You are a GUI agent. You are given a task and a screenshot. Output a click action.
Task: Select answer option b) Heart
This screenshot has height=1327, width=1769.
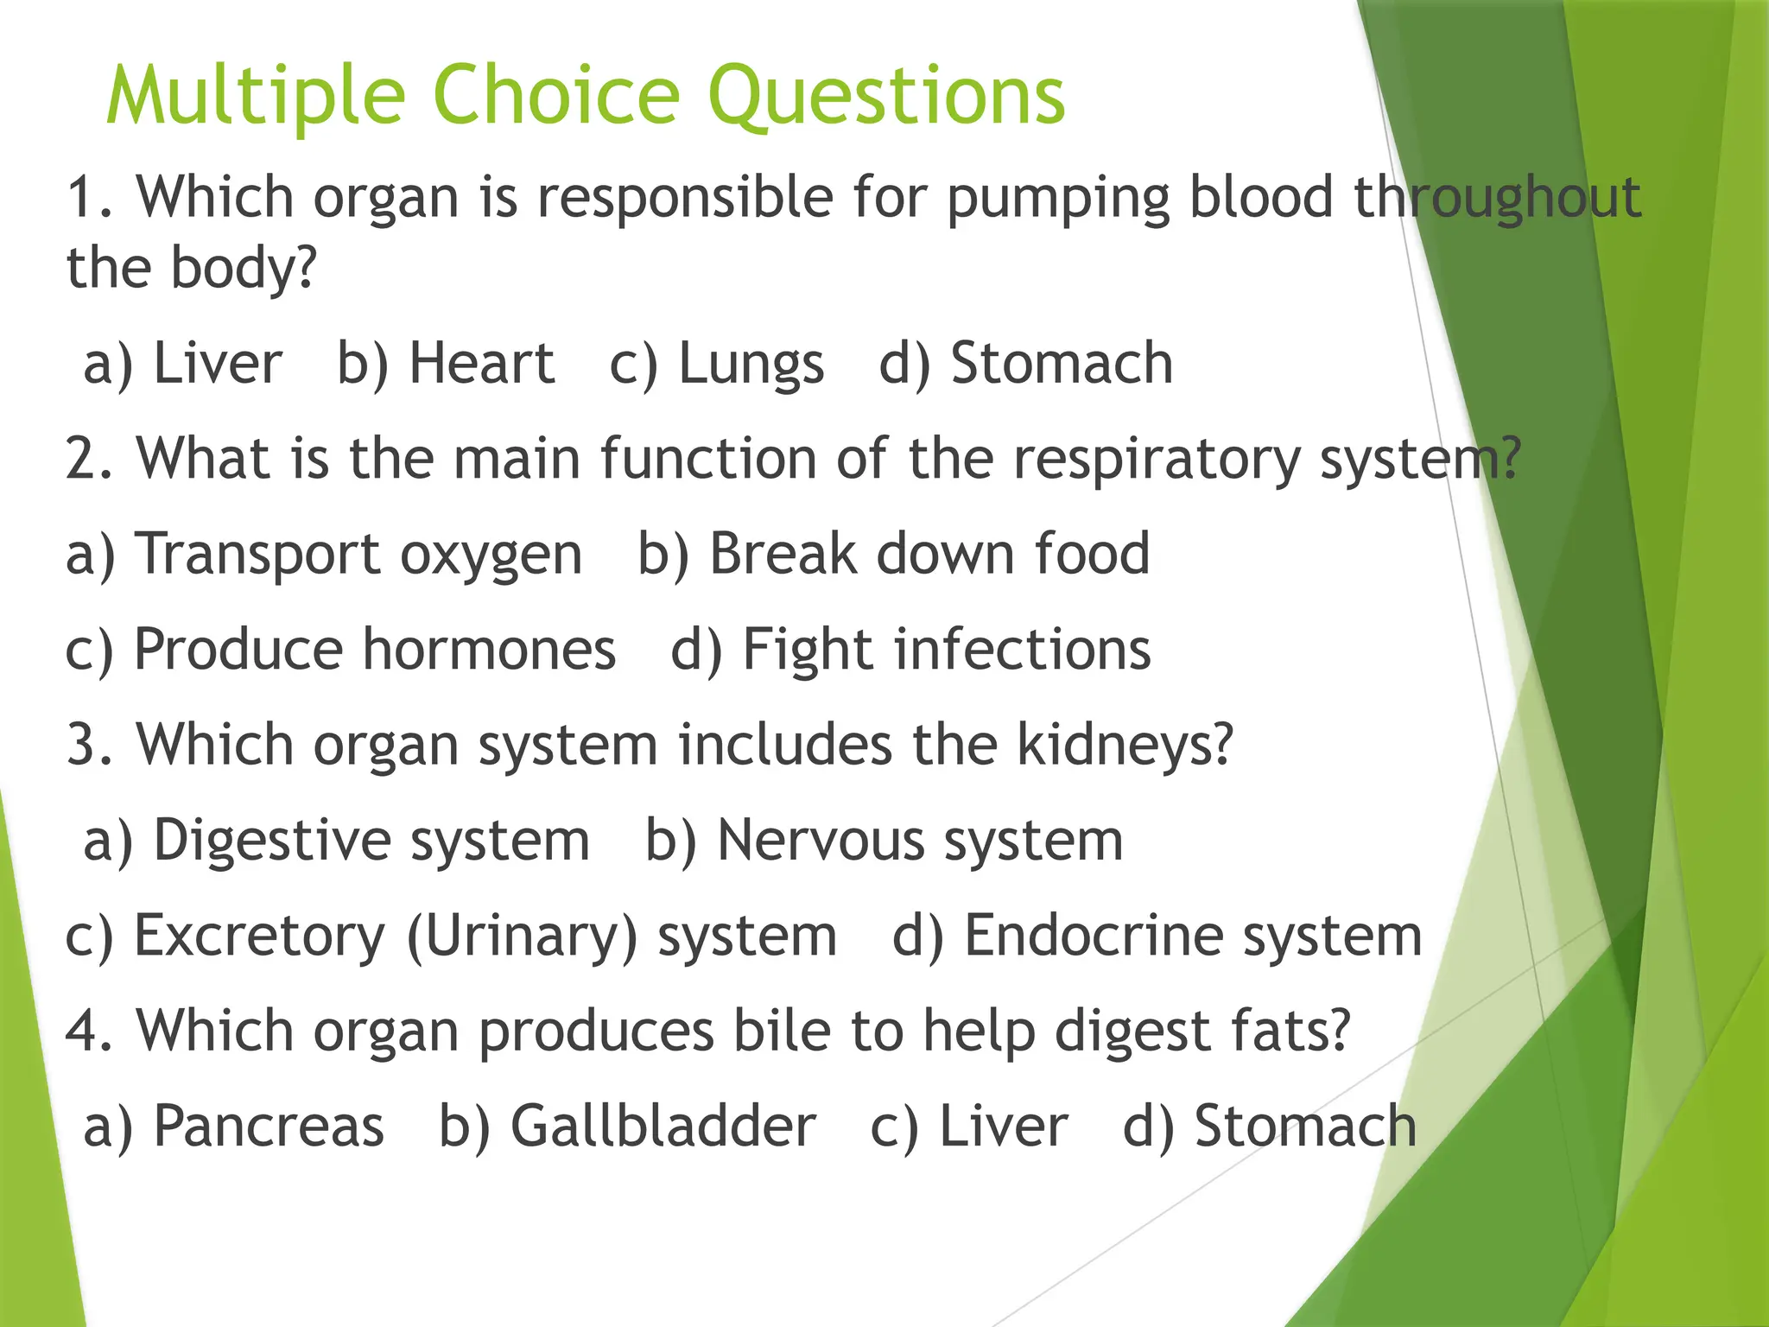tap(446, 363)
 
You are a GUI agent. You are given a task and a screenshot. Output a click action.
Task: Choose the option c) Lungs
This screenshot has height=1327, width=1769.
tap(717, 365)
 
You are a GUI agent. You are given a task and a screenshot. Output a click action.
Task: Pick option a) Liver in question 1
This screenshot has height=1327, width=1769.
tap(183, 363)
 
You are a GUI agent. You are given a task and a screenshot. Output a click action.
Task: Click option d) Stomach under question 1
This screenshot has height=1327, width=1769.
tap(1026, 363)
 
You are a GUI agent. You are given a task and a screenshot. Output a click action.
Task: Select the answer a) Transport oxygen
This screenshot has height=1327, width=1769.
tap(325, 555)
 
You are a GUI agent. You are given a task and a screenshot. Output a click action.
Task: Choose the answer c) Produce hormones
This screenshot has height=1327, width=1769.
tap(341, 650)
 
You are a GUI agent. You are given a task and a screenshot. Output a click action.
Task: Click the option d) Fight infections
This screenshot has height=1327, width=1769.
tap(911, 650)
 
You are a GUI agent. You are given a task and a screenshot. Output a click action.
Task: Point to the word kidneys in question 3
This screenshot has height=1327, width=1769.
tap(1124, 745)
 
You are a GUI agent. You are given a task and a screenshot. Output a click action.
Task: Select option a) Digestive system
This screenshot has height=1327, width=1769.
tap(337, 841)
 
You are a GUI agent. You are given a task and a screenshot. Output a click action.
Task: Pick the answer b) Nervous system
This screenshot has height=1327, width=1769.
tap(884, 841)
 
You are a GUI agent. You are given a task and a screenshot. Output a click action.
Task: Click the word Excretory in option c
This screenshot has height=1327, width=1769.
tap(259, 937)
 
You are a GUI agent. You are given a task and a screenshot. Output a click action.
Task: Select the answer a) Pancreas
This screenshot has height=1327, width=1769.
tap(234, 1127)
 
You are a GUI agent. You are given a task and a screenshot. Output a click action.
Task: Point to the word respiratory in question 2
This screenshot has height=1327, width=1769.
tap(1157, 460)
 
